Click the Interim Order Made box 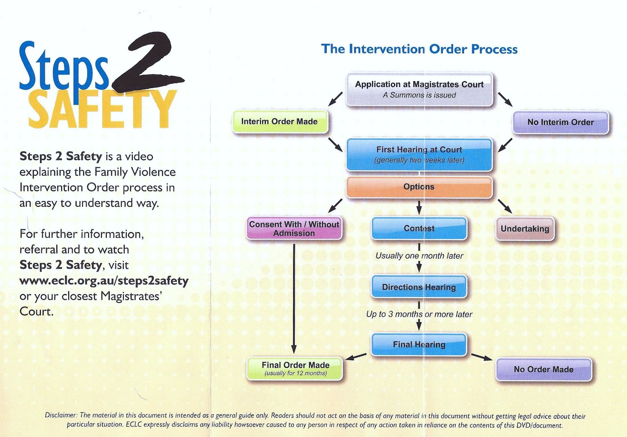[280, 122]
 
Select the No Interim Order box [560, 122]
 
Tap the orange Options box [419, 187]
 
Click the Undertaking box [525, 229]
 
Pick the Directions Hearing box [419, 287]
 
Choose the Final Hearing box [419, 345]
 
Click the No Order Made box [544, 369]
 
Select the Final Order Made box [295, 368]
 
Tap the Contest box [419, 228]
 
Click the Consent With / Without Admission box [294, 229]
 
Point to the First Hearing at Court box [419, 155]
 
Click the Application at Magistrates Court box [419, 90]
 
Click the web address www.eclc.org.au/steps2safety [104, 281]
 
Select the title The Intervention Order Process [419, 49]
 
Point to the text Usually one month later [419, 256]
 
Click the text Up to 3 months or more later [419, 314]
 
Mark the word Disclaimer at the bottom [61, 415]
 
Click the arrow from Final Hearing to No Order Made [482, 357]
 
